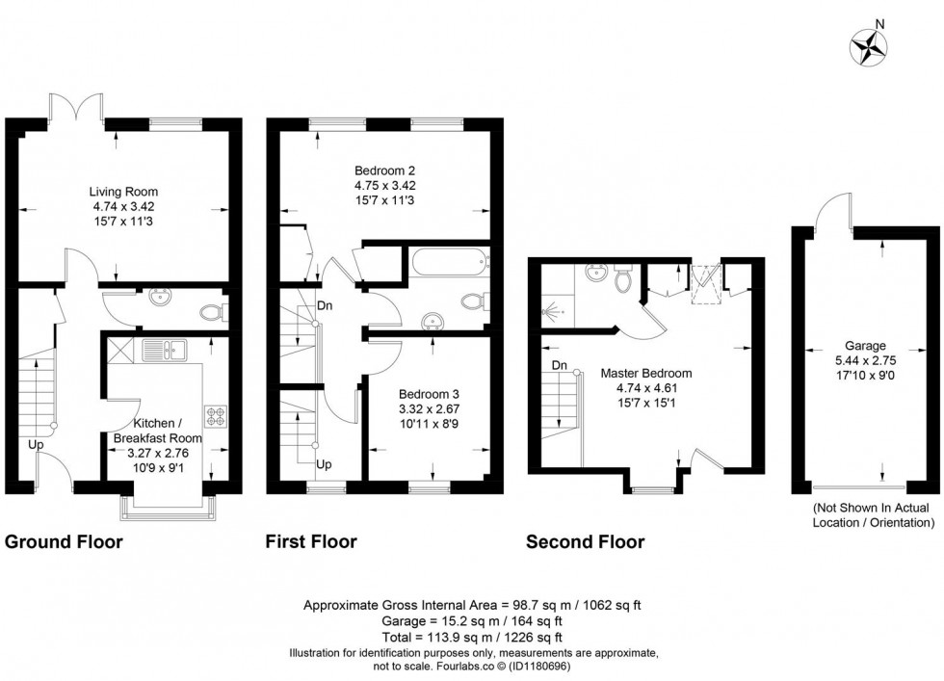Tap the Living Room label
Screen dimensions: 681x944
tap(124, 192)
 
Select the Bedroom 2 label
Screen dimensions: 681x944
tap(383, 170)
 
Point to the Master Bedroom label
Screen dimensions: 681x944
tap(645, 373)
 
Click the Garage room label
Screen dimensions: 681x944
tap(865, 346)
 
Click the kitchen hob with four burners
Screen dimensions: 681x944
tap(214, 417)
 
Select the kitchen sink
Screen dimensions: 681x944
tap(161, 349)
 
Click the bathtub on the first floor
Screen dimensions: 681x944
tap(450, 263)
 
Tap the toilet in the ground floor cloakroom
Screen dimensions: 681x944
tap(215, 311)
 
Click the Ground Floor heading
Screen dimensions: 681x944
tap(65, 541)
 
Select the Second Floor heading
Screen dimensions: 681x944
tap(585, 541)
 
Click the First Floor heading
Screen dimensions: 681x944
tap(311, 541)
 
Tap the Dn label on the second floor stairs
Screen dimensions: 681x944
tap(560, 366)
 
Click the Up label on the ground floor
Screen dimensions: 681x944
tap(35, 445)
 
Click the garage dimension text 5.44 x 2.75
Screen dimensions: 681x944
tap(865, 362)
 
